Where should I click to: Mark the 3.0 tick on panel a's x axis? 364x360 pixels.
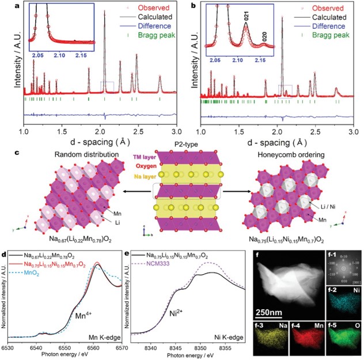click(x=177, y=132)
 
